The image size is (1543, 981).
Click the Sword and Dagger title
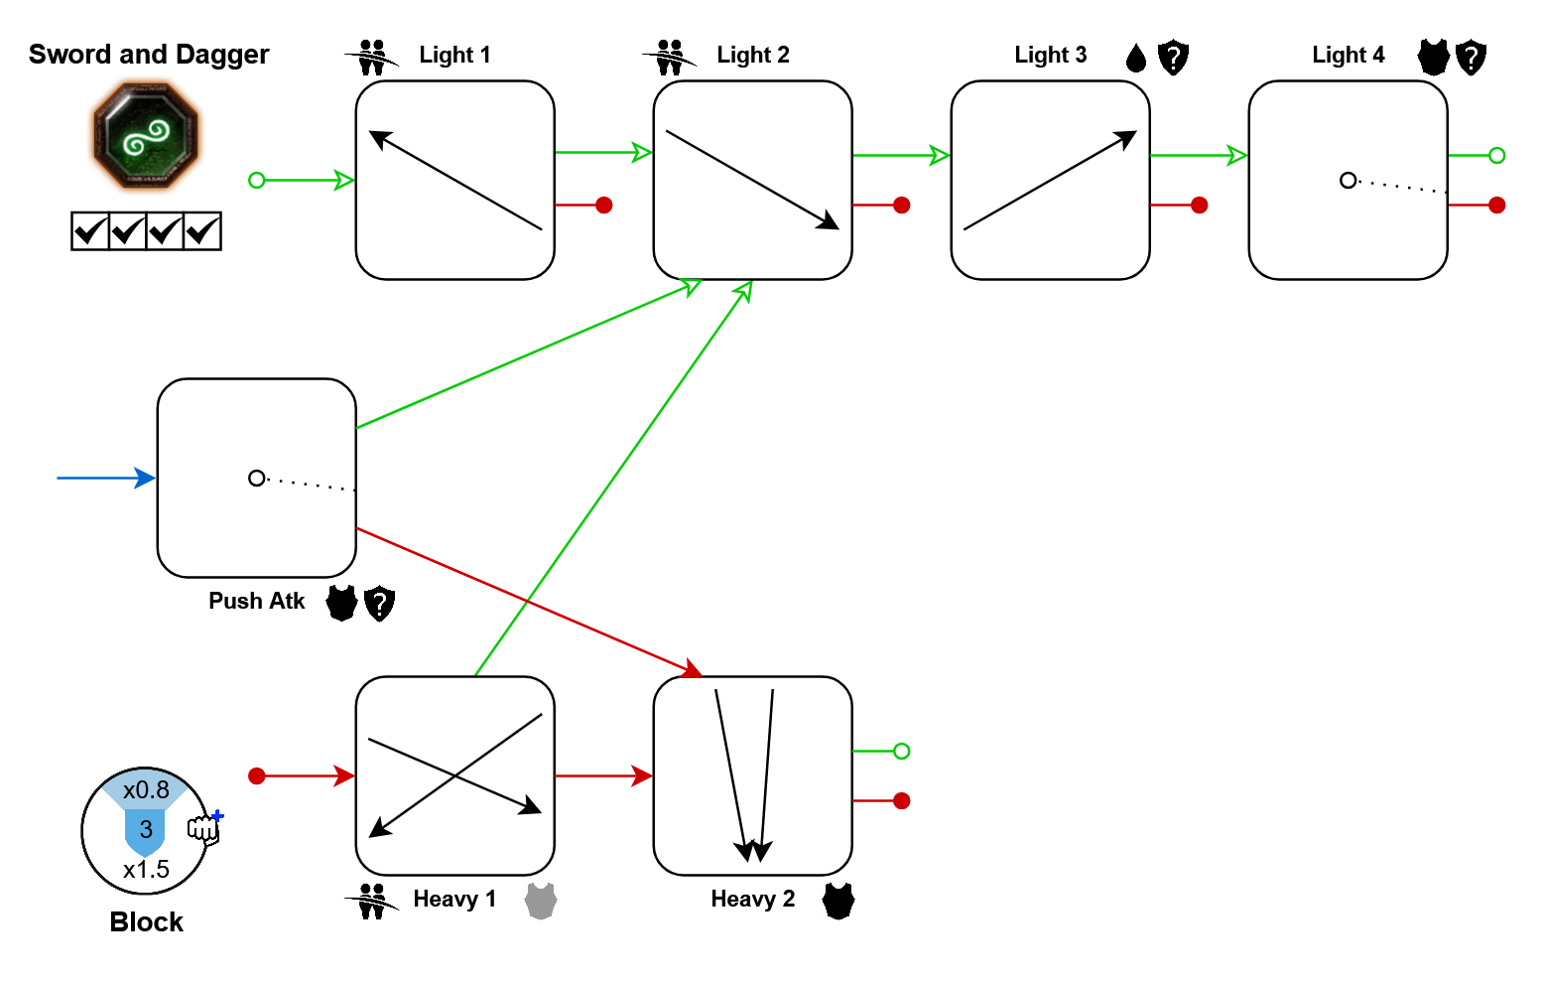tap(149, 55)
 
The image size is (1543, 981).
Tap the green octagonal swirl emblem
tap(146, 136)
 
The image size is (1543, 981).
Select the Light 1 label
tap(454, 55)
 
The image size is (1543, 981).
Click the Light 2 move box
tap(752, 180)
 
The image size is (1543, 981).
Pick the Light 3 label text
tap(1050, 55)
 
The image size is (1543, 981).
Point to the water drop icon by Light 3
tap(1136, 59)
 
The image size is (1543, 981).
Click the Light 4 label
tap(1348, 55)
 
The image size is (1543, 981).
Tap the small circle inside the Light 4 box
tap(1348, 180)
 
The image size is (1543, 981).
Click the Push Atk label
tap(256, 601)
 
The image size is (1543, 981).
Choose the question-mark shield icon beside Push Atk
tap(379, 603)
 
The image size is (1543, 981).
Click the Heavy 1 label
tap(454, 899)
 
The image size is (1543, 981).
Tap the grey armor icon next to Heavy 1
tap(541, 901)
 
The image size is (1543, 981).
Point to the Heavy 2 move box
tap(752, 775)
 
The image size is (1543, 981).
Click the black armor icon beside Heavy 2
tap(838, 901)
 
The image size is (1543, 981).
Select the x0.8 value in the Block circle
tap(146, 790)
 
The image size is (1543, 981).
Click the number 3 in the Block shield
tap(146, 829)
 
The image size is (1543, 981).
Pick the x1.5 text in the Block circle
tap(146, 870)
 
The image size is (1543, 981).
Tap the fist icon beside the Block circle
tap(204, 827)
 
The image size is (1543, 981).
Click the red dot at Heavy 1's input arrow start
tap(257, 775)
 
